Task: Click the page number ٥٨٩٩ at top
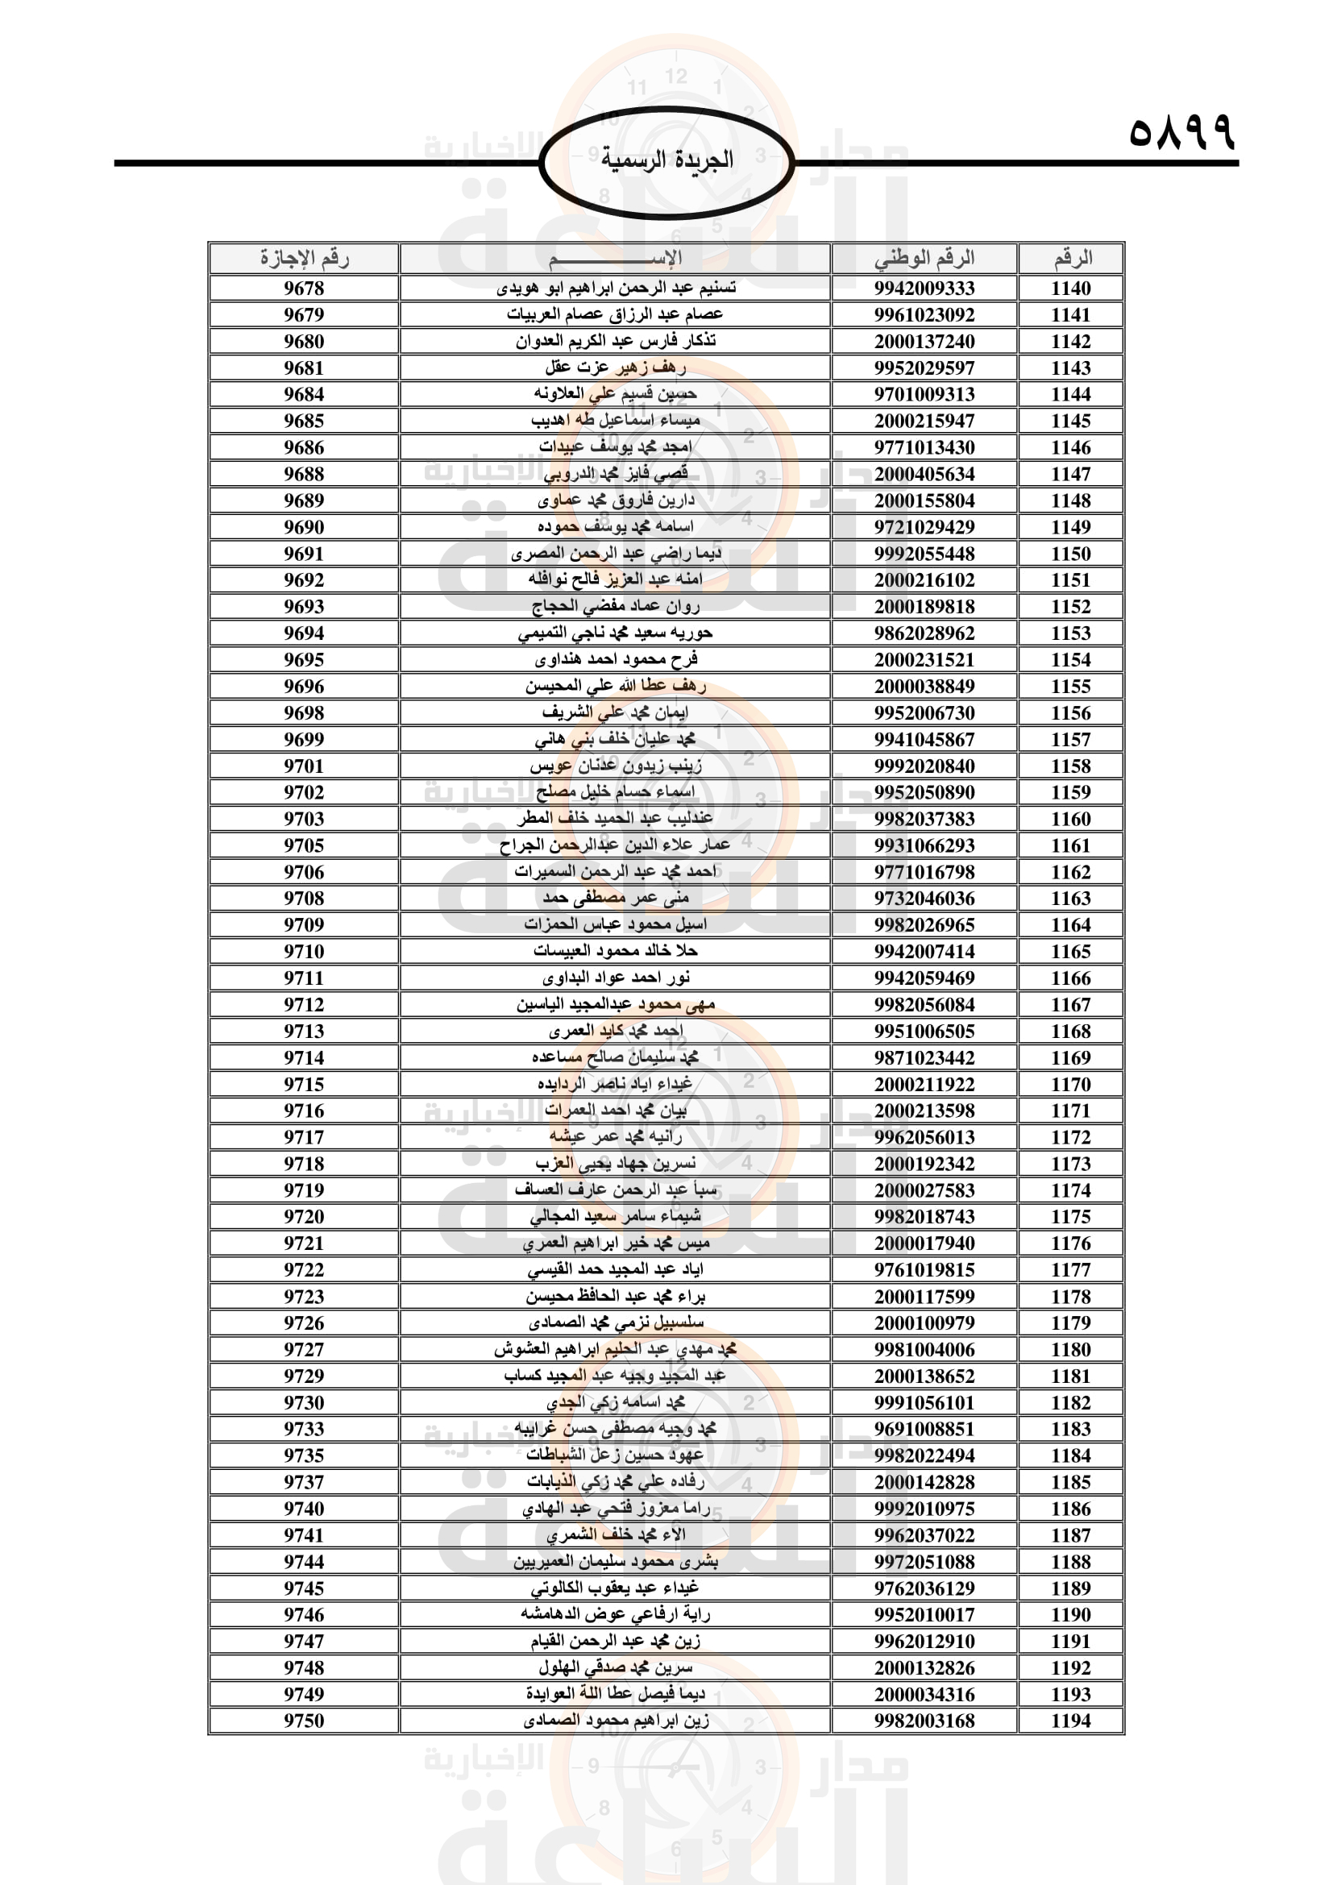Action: pos(1181,132)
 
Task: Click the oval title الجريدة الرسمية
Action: pos(666,160)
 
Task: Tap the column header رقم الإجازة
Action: pos(304,259)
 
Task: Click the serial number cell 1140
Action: pos(1070,289)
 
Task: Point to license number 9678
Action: pos(304,289)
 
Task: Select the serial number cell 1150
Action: pos(1070,554)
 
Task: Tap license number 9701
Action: pos(304,766)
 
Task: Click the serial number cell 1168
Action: pos(1070,1032)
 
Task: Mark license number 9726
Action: pos(304,1322)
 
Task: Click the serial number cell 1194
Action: pos(1070,1721)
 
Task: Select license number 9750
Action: pos(304,1721)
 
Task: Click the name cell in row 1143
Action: pos(616,367)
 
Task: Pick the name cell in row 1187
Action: pos(616,1535)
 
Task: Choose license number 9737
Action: pos(304,1482)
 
